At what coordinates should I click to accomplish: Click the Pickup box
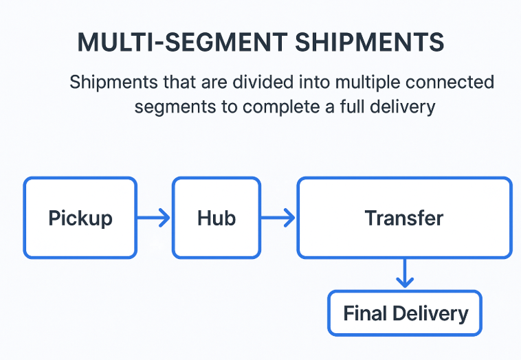click(x=80, y=218)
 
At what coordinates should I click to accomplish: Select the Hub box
click(x=216, y=218)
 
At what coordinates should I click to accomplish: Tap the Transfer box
click(x=404, y=218)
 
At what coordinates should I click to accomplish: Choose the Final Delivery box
click(x=405, y=313)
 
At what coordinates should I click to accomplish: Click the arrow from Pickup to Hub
click(x=154, y=218)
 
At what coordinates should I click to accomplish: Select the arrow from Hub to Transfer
click(x=278, y=218)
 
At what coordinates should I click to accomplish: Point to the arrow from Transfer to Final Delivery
click(x=405, y=273)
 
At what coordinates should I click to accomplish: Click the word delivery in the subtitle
click(x=410, y=108)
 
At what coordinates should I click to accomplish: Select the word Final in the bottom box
click(x=366, y=313)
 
